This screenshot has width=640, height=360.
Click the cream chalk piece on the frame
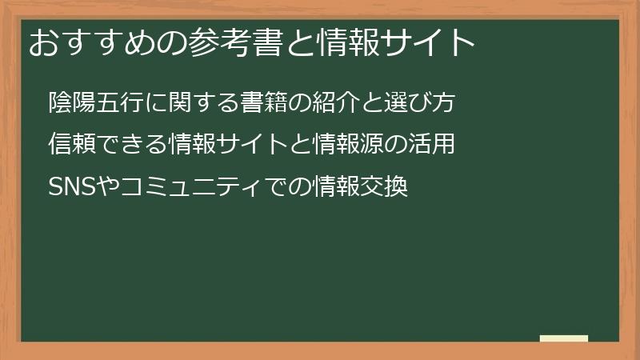click(x=564, y=338)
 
